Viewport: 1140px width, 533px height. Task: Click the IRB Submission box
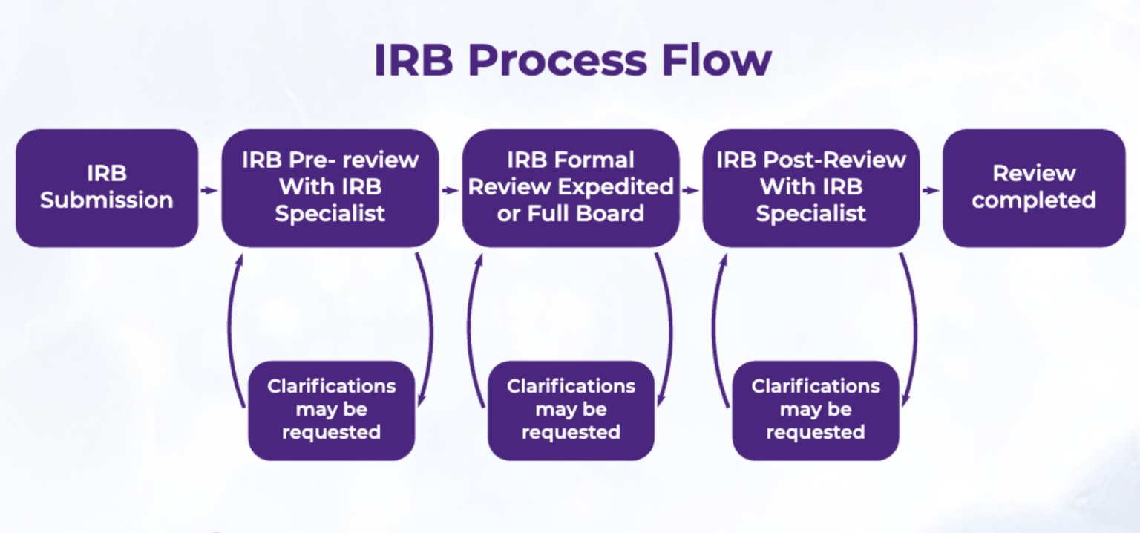coord(107,188)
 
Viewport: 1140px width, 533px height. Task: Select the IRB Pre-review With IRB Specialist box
coord(330,188)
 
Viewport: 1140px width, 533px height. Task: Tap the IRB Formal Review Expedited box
coord(571,188)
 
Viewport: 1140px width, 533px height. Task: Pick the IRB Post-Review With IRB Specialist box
coord(810,188)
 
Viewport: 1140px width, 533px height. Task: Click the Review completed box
coord(1034,188)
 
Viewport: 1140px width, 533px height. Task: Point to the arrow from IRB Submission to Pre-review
coord(210,190)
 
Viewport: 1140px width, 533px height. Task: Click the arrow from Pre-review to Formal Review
coord(451,190)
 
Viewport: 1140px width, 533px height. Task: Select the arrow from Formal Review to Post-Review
coord(691,190)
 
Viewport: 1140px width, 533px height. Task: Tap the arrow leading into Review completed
coord(931,190)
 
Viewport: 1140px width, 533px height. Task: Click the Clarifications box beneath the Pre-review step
coord(331,410)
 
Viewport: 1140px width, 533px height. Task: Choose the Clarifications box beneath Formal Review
coord(571,410)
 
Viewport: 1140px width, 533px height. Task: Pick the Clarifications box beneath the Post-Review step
coord(815,410)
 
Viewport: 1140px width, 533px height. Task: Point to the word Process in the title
coord(558,61)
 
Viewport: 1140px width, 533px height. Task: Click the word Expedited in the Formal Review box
coord(622,187)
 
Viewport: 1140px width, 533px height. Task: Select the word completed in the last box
coord(1034,200)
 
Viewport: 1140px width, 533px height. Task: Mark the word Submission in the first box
coord(107,200)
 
